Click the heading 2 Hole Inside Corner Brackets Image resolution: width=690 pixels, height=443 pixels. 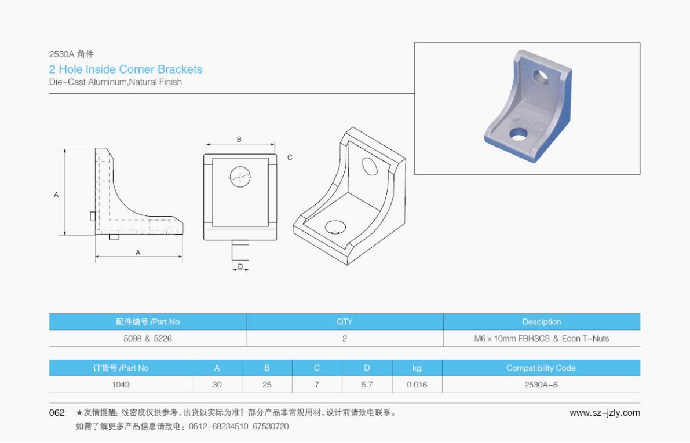click(126, 69)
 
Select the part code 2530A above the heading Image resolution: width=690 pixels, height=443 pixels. click(60, 54)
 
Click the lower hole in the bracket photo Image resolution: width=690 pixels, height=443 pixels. click(519, 134)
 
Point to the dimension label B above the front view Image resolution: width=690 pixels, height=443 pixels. click(239, 139)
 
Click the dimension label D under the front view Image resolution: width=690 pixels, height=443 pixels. click(240, 267)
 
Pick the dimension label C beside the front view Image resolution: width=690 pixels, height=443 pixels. click(290, 158)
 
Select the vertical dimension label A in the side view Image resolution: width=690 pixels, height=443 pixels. click(56, 195)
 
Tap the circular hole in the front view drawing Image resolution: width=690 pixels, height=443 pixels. click(240, 176)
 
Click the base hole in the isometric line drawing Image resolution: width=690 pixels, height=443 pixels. click(334, 226)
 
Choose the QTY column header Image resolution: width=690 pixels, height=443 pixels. click(345, 322)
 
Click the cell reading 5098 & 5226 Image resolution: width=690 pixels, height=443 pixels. click(147, 339)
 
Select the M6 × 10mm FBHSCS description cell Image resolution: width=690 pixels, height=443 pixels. click(541, 339)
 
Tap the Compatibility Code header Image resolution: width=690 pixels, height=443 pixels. click(541, 368)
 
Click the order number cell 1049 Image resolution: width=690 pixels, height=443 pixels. click(121, 385)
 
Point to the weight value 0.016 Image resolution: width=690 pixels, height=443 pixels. click(417, 385)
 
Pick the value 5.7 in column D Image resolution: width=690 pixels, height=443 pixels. click(367, 385)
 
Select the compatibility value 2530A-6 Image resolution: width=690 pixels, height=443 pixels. click(541, 385)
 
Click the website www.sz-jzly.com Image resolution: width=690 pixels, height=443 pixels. click(605, 413)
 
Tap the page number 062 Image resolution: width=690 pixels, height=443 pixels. click(57, 413)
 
